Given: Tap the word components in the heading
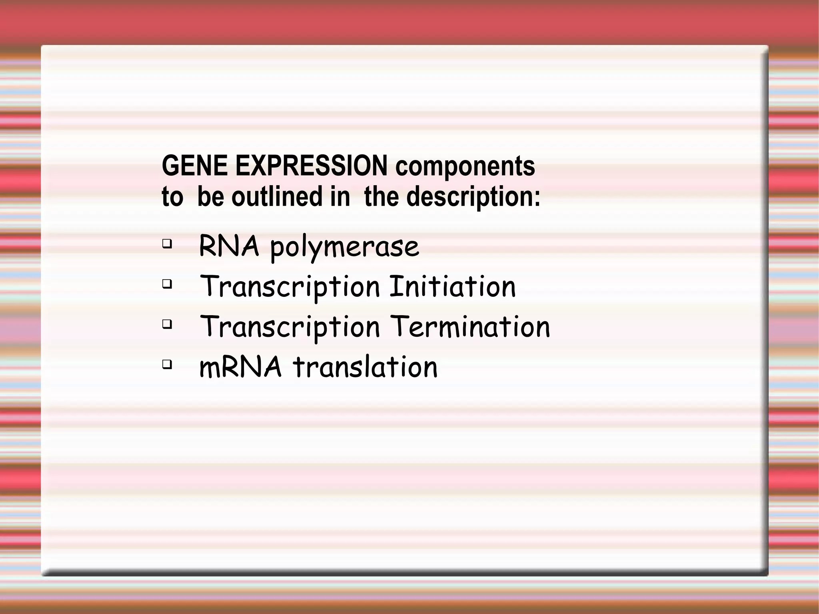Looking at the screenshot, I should click(465, 167).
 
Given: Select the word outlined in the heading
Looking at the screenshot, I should click(277, 197).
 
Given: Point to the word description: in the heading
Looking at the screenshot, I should click(473, 198).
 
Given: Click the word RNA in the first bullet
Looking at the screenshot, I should click(229, 246).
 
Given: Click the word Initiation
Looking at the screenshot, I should click(452, 286).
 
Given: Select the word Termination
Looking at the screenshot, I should click(470, 327).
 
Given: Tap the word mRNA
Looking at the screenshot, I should click(240, 367).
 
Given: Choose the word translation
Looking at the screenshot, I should click(366, 367).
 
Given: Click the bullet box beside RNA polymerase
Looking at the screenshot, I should click(167, 244).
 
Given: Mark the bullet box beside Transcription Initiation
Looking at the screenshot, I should click(167, 284).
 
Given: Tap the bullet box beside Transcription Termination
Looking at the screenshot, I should click(167, 324).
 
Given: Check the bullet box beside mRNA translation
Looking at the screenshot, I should click(167, 364).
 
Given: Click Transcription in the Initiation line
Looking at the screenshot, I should click(290, 288).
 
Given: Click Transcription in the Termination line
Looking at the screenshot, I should click(290, 328).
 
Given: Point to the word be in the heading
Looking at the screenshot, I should click(210, 197).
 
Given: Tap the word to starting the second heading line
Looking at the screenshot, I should click(172, 198).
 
